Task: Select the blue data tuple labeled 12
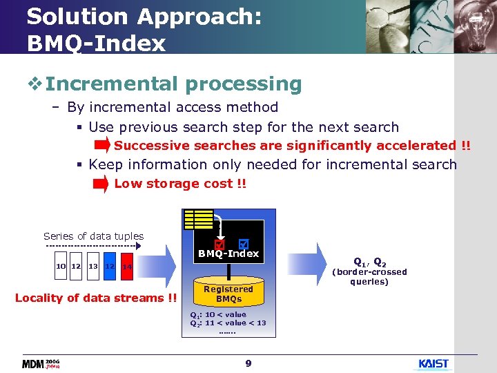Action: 109,267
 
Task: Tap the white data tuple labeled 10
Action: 61,267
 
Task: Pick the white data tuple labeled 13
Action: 92,267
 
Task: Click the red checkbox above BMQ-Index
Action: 220,245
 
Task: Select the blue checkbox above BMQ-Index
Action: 242,244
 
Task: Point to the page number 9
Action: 248,363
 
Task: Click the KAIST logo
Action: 433,363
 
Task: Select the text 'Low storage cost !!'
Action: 180,184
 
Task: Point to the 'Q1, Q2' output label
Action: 369,262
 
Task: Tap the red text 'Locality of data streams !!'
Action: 96,298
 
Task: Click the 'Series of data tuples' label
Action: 93,236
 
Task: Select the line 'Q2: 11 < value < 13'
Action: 228,323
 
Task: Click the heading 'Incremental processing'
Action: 173,84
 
